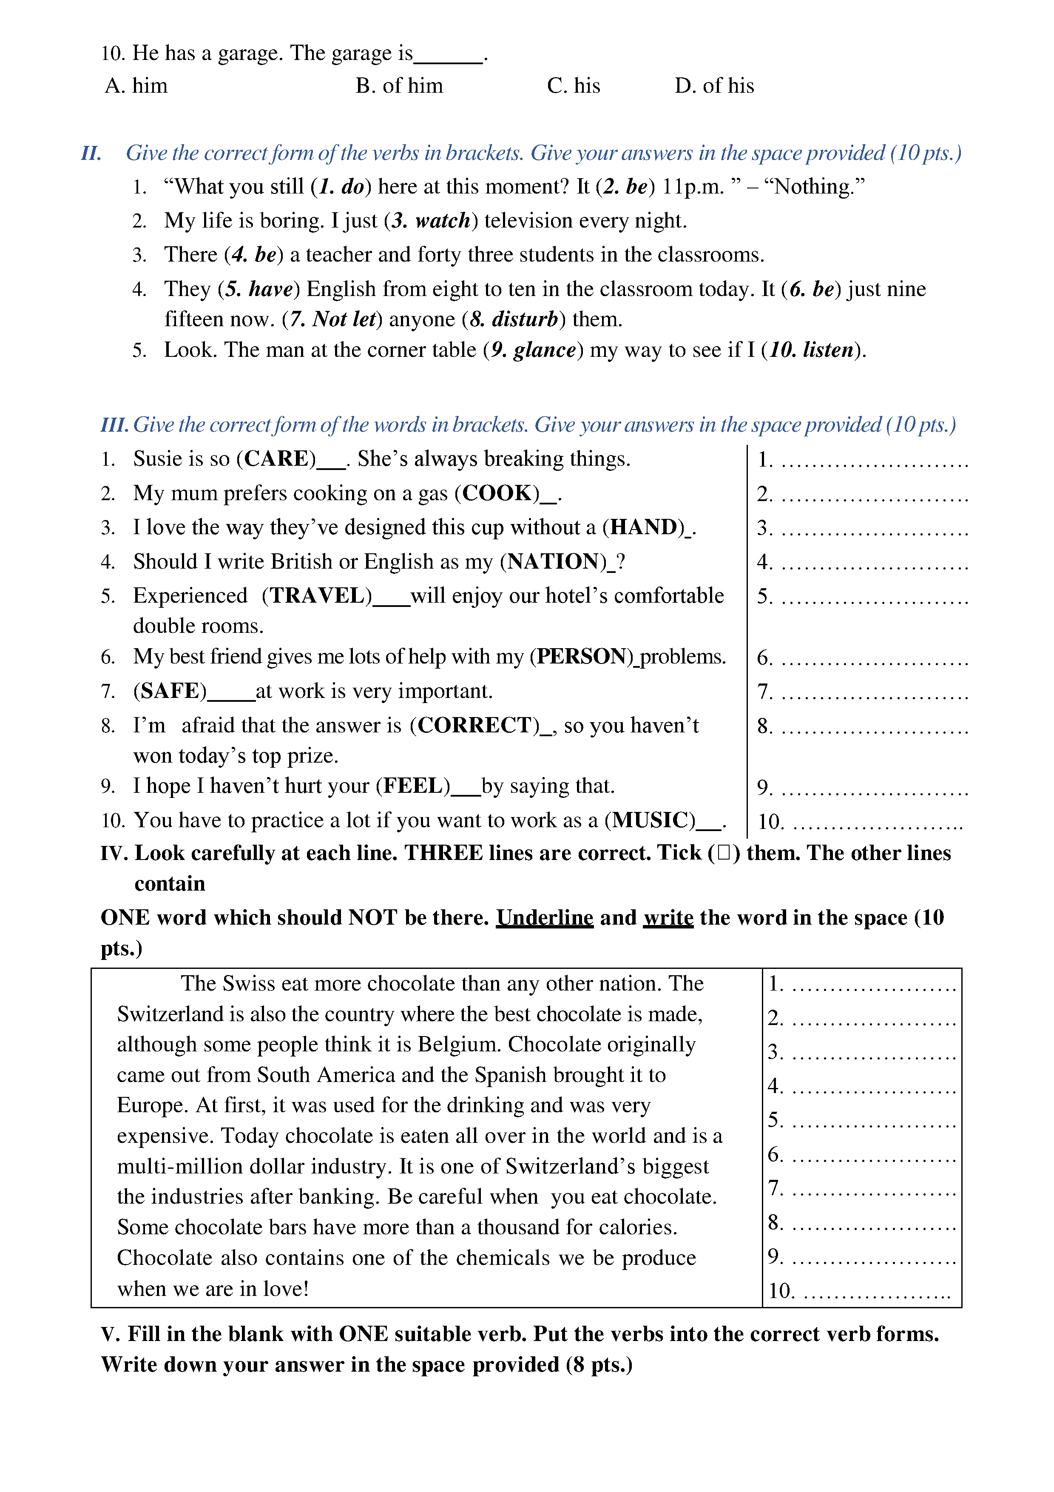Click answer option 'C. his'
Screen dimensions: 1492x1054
(574, 86)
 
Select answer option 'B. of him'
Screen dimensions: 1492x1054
(399, 86)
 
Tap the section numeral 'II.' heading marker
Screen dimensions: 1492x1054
(91, 154)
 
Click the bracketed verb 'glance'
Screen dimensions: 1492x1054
(544, 350)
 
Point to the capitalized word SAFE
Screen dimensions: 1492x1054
(170, 691)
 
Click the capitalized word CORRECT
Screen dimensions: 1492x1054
(474, 725)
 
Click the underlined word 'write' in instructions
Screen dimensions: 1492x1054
(668, 917)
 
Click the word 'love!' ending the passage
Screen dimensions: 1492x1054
(285, 1289)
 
